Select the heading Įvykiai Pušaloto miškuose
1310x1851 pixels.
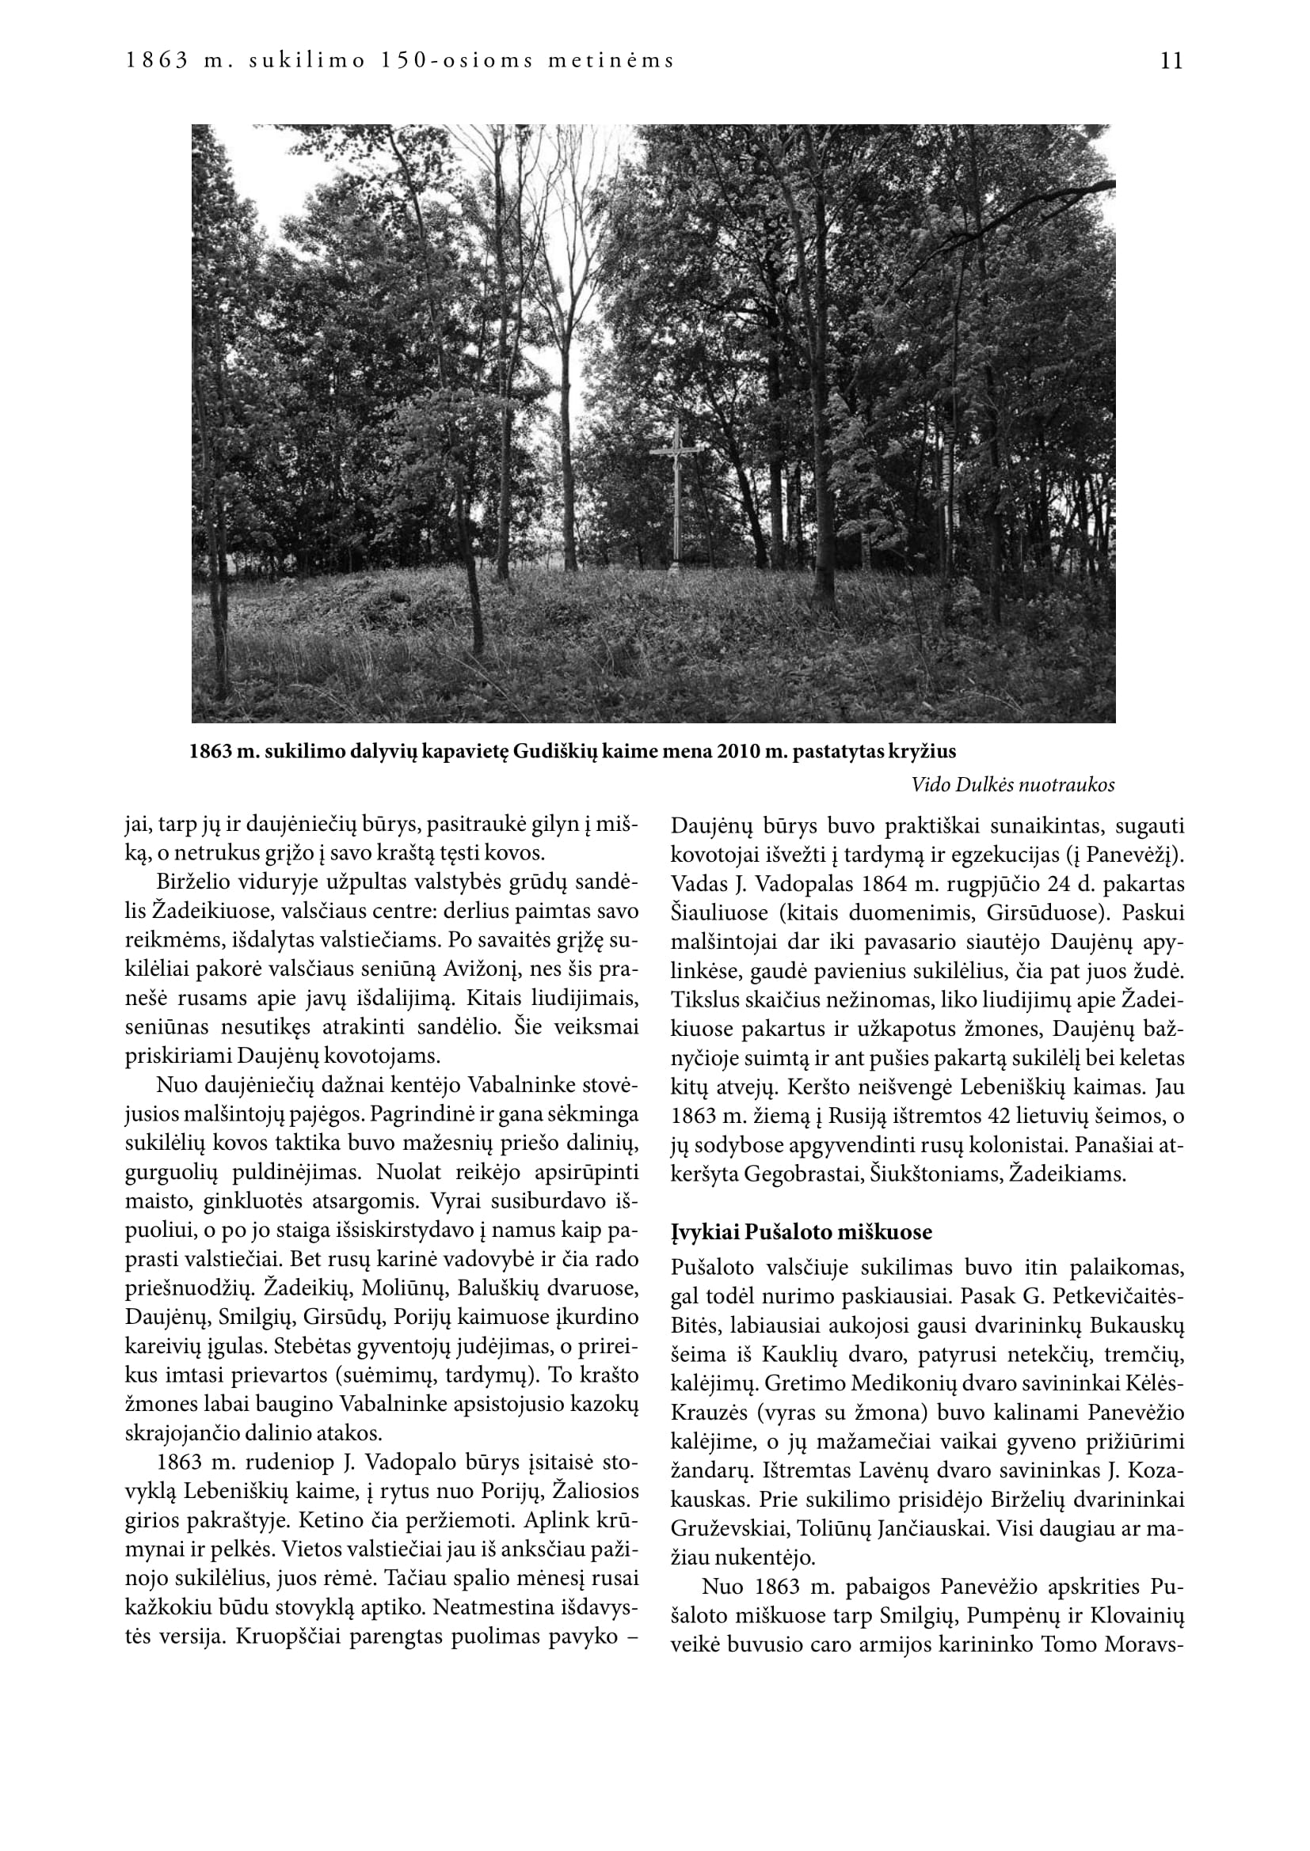point(801,1232)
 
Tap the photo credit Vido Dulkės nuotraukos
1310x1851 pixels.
point(1013,784)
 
